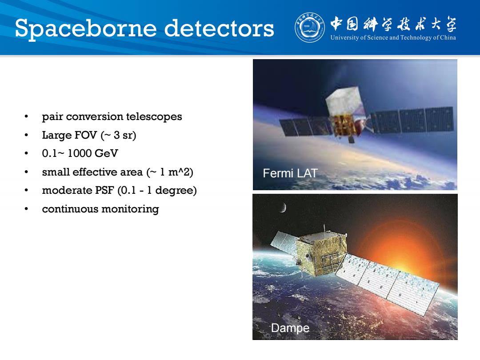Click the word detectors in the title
pyautogui.click(x=219, y=28)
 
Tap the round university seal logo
pyautogui.click(x=309, y=28)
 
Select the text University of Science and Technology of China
pyautogui.click(x=393, y=38)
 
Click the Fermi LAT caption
pyautogui.click(x=290, y=173)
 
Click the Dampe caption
pyautogui.click(x=290, y=328)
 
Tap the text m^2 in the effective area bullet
pyautogui.click(x=180, y=172)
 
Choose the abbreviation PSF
pyautogui.click(x=105, y=190)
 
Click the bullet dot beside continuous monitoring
pyautogui.click(x=26, y=209)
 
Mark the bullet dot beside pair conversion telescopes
pyautogui.click(x=26, y=116)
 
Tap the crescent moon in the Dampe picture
pyautogui.click(x=283, y=207)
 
